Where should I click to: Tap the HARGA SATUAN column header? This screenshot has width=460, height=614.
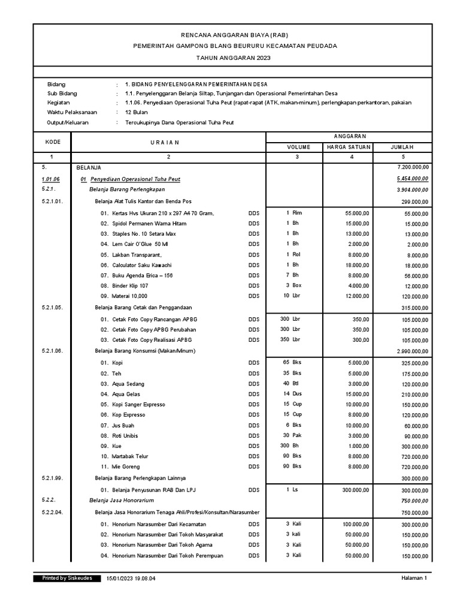(349, 147)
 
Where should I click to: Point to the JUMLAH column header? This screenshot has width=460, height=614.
(402, 147)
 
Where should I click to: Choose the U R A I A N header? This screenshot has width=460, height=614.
(168, 142)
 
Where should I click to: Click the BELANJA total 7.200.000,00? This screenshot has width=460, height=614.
(409, 167)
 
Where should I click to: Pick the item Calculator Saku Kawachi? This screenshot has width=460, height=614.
(142, 265)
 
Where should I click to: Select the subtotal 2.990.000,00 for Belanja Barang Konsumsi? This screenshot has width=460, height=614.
(412, 351)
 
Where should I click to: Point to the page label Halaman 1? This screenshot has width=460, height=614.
(414, 579)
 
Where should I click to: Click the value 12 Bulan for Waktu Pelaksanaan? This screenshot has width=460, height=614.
(137, 112)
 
